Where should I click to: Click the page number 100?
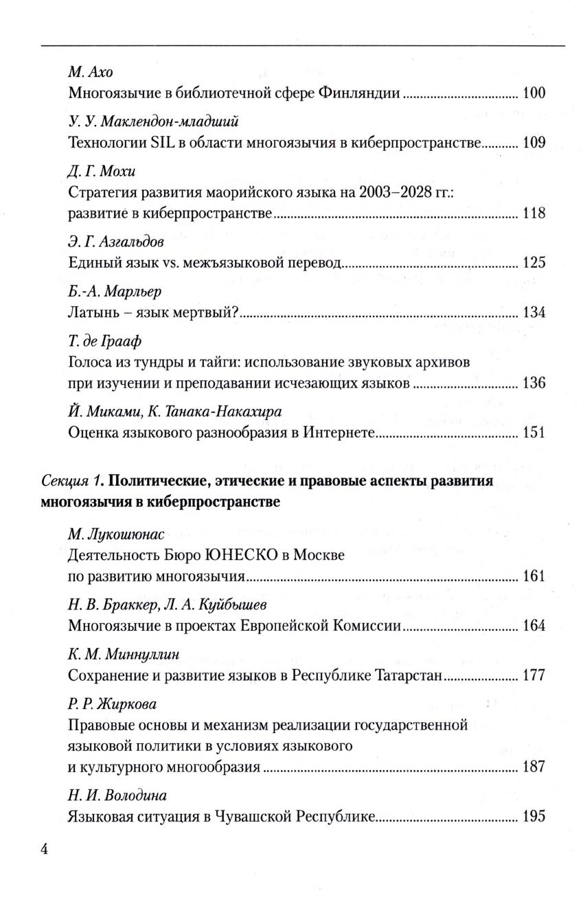coord(534,93)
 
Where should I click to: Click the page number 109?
coord(534,143)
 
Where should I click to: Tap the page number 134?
coord(534,313)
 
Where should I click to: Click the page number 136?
coord(534,382)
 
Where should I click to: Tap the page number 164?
coord(534,625)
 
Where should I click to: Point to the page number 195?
coord(534,817)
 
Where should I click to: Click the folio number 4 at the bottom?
coord(45,849)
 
